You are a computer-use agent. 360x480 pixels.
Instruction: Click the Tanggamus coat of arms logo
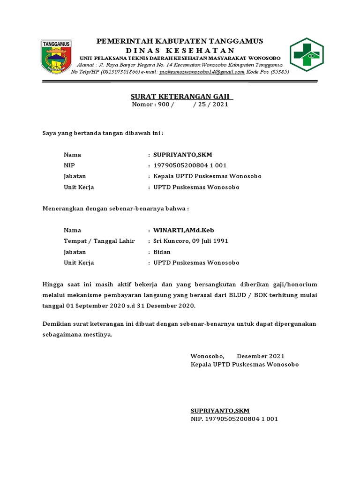click(x=57, y=56)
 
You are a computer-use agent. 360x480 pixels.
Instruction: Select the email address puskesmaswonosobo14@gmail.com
click(x=202, y=72)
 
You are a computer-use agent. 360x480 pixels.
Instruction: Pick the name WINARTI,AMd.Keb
click(x=184, y=230)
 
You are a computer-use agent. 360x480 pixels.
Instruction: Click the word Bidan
click(x=162, y=252)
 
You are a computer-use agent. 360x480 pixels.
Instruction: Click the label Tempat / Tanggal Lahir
click(x=99, y=241)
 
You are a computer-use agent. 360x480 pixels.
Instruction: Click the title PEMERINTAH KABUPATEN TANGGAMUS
click(x=180, y=41)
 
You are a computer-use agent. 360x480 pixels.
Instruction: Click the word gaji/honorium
click(x=295, y=284)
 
